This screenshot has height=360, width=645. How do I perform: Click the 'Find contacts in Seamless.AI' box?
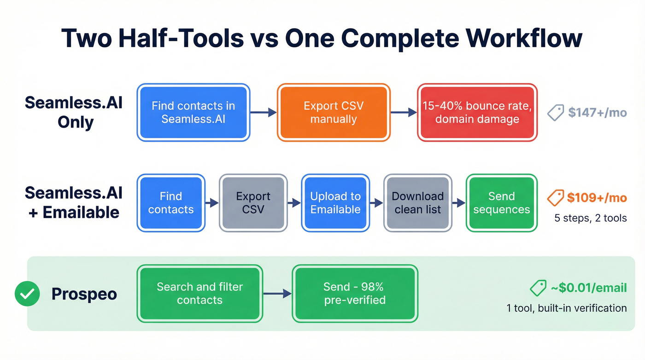[x=193, y=112]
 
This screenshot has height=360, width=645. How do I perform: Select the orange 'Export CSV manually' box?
[x=333, y=112]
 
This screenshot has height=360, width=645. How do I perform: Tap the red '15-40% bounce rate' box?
[x=477, y=112]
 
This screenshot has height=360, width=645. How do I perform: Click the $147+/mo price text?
[x=597, y=112]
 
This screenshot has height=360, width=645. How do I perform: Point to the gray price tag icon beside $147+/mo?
[x=556, y=112]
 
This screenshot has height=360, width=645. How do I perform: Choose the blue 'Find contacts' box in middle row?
[x=171, y=203]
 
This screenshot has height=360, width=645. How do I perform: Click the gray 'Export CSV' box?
[x=253, y=203]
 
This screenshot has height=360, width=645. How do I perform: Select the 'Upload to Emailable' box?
[x=335, y=203]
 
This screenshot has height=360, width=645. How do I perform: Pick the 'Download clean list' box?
[x=417, y=203]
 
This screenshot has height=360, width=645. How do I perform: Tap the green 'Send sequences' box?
[x=501, y=203]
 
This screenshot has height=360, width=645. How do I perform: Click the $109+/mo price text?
[x=597, y=198]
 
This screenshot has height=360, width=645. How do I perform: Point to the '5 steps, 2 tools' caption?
[x=590, y=218]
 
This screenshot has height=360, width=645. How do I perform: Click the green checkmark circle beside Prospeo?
[x=27, y=294]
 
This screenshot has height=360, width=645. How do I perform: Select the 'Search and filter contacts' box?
[x=199, y=293]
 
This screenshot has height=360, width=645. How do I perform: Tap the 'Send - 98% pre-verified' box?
[x=354, y=293]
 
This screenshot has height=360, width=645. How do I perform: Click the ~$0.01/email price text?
[x=588, y=288]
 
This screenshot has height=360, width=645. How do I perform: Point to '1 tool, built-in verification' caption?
[x=566, y=308]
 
